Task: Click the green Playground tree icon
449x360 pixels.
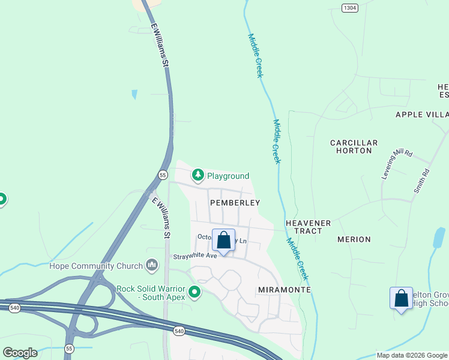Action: click(197, 175)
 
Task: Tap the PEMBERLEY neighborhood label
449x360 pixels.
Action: click(235, 203)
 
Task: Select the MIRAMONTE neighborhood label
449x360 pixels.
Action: click(284, 290)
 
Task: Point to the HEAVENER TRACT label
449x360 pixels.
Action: click(308, 227)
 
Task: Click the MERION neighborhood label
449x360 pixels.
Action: click(354, 239)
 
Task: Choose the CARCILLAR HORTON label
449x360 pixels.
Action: click(354, 146)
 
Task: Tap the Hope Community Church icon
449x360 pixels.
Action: click(152, 265)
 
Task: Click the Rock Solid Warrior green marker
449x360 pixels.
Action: click(194, 292)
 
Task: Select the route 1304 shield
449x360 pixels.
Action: click(350, 7)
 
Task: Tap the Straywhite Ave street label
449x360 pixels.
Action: click(194, 256)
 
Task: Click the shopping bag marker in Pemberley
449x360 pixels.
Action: click(223, 241)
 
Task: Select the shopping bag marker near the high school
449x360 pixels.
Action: click(401, 298)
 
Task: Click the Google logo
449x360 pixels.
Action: click(20, 352)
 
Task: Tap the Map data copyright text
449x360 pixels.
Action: click(411, 355)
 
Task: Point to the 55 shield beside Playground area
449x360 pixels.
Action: click(163, 175)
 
